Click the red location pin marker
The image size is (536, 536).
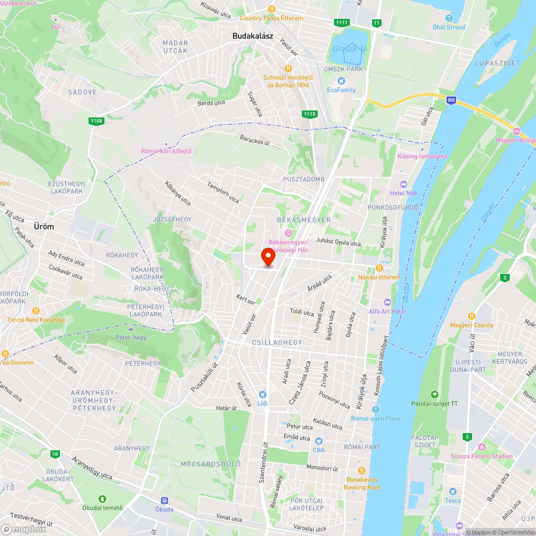(x=268, y=257)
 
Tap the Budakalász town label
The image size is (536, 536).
(x=253, y=36)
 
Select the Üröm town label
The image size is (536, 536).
(x=44, y=227)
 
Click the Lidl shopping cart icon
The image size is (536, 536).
(x=262, y=394)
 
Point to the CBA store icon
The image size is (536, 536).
(x=318, y=441)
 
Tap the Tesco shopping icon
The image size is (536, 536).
(x=453, y=491)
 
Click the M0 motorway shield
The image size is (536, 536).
(x=452, y=99)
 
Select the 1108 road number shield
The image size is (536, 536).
(x=96, y=121)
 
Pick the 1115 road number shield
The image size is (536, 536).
(x=309, y=114)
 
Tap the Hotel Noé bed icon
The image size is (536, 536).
(x=403, y=184)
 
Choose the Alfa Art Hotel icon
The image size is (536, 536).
(x=388, y=302)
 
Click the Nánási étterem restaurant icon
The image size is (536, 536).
(x=379, y=268)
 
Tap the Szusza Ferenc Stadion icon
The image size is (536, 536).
(x=481, y=447)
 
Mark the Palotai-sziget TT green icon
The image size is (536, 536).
(x=434, y=394)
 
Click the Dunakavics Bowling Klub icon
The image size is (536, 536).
(x=362, y=471)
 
